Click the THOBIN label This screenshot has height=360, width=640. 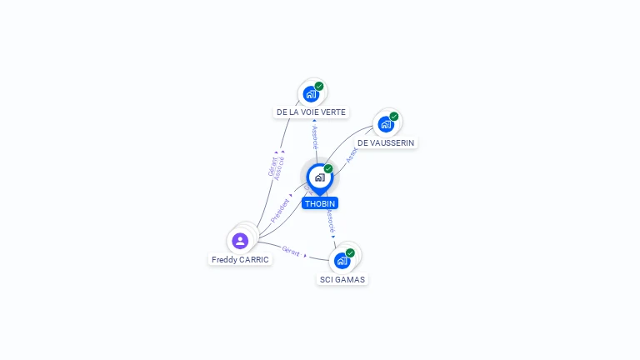pos(320,203)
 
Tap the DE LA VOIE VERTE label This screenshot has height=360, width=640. pos(311,112)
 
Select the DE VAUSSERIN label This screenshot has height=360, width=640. pos(385,142)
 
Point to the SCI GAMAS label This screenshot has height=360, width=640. pos(342,279)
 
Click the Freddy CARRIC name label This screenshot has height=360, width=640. pos(240,259)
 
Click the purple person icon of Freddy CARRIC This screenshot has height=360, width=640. pos(240,241)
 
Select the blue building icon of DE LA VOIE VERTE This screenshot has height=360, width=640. pos(311,93)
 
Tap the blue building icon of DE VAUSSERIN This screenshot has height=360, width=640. pos(385,124)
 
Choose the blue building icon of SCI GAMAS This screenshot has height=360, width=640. pos(342,261)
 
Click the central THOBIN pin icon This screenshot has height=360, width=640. pos(319,177)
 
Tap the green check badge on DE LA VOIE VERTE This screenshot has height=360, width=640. pos(319,86)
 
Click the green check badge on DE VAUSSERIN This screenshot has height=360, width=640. pos(393,117)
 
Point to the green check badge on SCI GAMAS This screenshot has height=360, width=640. pos(350,253)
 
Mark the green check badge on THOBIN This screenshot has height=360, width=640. pos(328,169)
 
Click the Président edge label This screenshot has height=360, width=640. pos(280,208)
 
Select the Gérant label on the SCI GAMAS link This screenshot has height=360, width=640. pos(291,251)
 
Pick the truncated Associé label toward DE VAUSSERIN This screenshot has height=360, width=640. pos(352,153)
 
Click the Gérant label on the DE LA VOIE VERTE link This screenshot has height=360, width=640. pos(272,167)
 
